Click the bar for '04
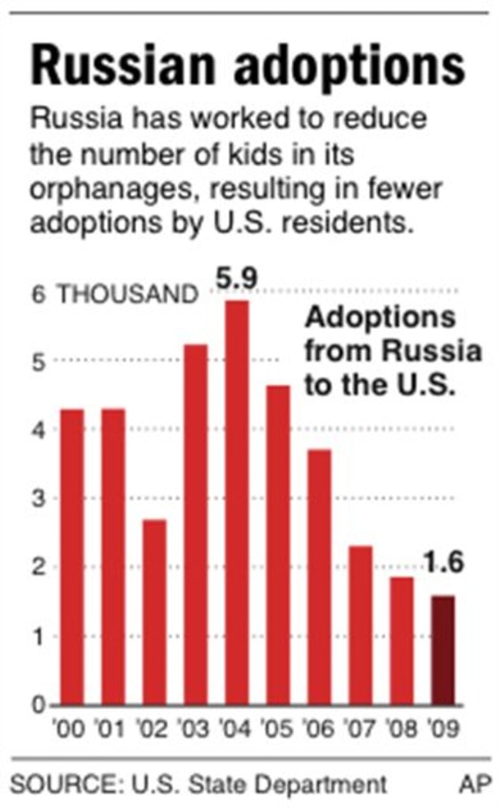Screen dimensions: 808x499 [236, 503]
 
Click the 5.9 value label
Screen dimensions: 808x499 [236, 279]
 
